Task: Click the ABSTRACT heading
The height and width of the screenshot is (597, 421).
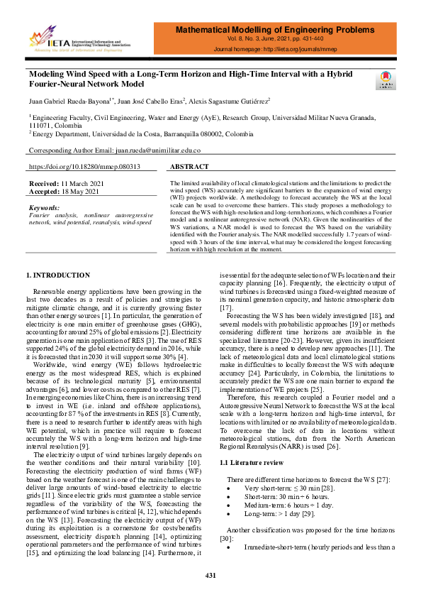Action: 189,167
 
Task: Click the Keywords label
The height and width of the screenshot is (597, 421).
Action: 45,207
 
